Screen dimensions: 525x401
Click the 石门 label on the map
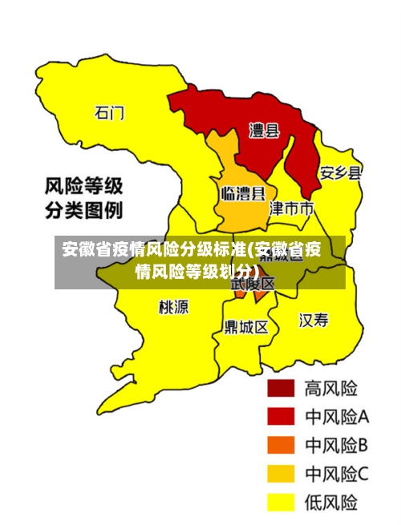110,113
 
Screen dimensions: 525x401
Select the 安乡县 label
340,172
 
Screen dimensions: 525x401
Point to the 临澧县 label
242,193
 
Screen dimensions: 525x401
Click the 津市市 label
290,208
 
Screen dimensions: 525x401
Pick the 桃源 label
174,307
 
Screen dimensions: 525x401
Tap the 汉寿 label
314,321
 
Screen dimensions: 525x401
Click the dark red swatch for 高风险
281,388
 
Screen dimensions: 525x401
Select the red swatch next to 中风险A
281,417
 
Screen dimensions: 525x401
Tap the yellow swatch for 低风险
281,503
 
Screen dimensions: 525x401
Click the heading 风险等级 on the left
83,188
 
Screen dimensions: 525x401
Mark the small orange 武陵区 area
261,295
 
